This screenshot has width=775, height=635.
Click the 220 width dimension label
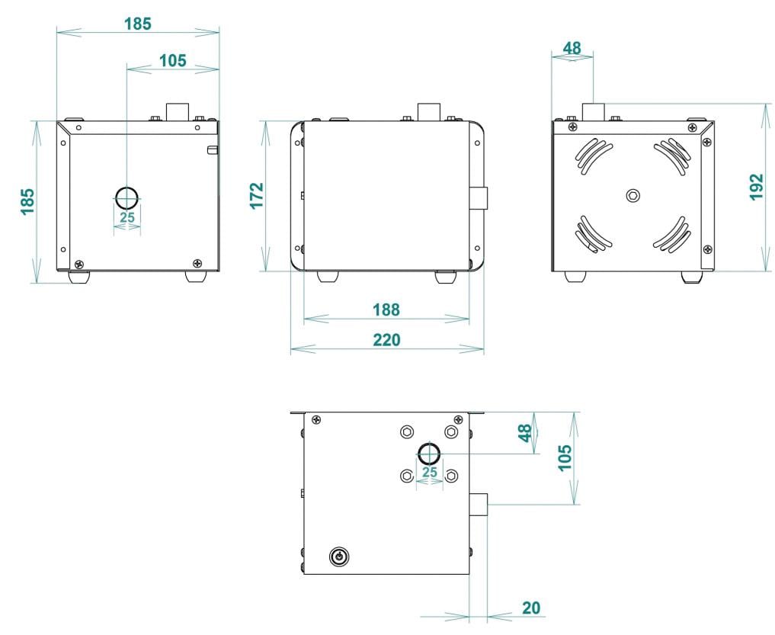click(x=387, y=340)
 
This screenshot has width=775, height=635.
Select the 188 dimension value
click(x=386, y=309)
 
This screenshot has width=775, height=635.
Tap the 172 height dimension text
click(x=257, y=195)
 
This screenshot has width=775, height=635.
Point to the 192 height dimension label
click(x=755, y=188)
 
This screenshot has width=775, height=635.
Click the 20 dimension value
click(x=531, y=608)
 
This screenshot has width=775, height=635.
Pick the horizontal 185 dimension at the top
click(x=137, y=24)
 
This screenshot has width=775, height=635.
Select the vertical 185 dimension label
click(x=27, y=202)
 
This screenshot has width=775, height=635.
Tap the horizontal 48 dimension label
click(x=572, y=48)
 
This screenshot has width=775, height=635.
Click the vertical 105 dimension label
click(x=565, y=458)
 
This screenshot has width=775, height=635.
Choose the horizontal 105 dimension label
click(x=172, y=60)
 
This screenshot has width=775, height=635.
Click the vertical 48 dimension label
click(x=525, y=433)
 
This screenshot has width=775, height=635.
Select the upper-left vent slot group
click(x=592, y=157)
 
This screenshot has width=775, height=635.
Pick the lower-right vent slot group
click(x=673, y=234)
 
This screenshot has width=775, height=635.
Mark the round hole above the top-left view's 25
click(x=126, y=197)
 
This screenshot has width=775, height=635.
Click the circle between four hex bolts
click(x=429, y=454)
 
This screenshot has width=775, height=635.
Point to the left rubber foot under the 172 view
click(x=326, y=276)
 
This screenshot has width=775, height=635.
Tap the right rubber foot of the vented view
click(x=692, y=277)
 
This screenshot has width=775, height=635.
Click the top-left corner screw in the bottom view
click(x=315, y=419)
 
